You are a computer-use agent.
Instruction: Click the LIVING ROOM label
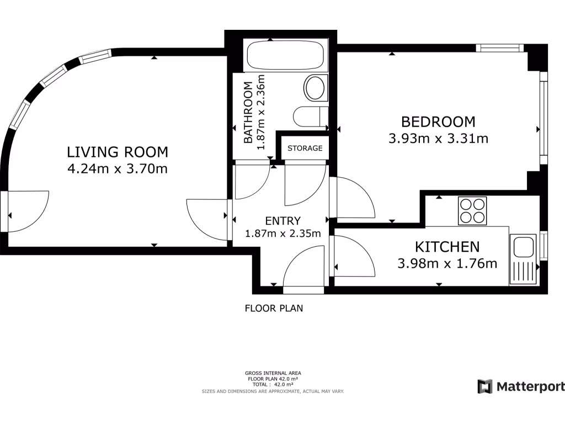(x=118, y=152)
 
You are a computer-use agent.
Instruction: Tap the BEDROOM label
(x=438, y=122)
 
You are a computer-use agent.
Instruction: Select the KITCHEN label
(x=447, y=247)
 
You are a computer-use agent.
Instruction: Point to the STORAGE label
(x=305, y=148)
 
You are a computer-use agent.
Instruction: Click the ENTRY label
(x=283, y=221)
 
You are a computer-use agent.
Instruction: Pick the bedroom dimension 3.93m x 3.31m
(x=438, y=139)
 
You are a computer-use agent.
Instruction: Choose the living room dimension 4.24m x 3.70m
(x=118, y=169)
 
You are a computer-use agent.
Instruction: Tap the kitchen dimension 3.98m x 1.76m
(x=447, y=263)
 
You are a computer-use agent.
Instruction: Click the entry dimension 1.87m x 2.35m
(x=283, y=234)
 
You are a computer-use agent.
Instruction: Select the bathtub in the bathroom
(x=285, y=55)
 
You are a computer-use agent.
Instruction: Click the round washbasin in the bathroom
(x=315, y=88)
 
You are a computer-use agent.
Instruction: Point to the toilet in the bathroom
(x=311, y=116)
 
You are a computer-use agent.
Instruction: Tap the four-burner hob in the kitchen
(x=472, y=211)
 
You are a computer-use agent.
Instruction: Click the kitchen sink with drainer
(x=523, y=259)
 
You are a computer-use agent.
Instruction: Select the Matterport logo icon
(x=484, y=386)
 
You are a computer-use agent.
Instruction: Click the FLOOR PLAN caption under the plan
(x=274, y=308)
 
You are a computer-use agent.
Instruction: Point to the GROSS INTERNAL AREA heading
(x=273, y=373)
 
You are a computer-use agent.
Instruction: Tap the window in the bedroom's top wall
(x=499, y=48)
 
